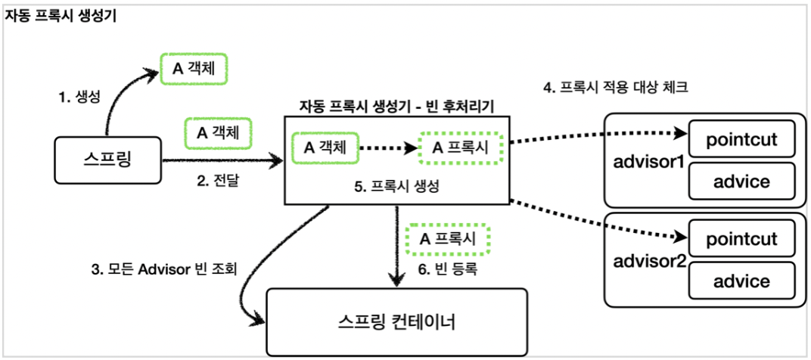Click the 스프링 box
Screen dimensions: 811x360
[x=107, y=160]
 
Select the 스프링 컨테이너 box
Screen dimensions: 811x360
[x=396, y=322]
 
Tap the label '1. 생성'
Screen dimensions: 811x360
[x=81, y=96]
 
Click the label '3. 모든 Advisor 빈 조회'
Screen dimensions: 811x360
[x=163, y=269]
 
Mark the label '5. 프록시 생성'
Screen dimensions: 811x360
[x=396, y=188]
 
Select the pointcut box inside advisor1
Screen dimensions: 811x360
[x=741, y=138]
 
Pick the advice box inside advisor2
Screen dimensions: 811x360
[x=741, y=281]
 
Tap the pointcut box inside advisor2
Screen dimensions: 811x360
[x=741, y=238]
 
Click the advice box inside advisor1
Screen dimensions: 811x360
[x=741, y=182]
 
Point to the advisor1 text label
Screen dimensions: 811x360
[x=649, y=162]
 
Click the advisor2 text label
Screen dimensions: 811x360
[x=649, y=261]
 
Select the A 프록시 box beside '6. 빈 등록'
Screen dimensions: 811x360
[x=448, y=240]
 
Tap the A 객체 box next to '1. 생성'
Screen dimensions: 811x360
[x=194, y=69]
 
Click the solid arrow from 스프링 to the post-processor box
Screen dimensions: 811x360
[x=223, y=161]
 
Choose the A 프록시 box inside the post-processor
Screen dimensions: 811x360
[x=461, y=148]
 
